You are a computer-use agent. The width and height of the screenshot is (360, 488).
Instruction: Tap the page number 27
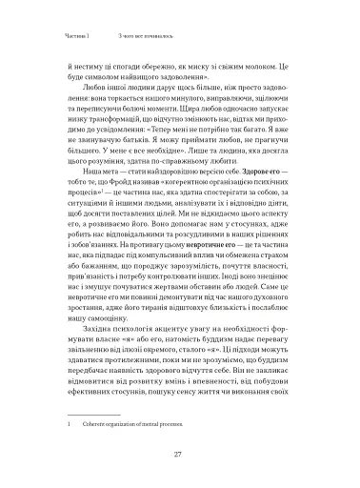coord(179,455)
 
